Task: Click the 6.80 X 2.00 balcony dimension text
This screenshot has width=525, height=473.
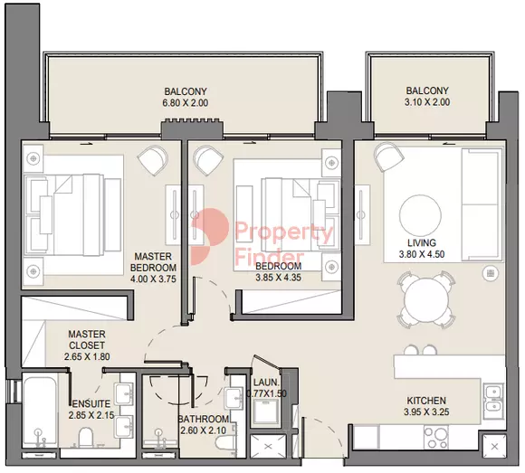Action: point(186,103)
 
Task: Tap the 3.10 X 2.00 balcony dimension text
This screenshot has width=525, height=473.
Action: point(427,102)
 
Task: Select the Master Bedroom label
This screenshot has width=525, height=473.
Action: point(153,262)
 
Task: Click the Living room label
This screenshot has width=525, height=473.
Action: point(422,242)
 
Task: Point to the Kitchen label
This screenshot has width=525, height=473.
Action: point(426,401)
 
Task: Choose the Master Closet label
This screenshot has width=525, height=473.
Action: point(87,339)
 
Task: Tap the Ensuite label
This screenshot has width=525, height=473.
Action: point(91,403)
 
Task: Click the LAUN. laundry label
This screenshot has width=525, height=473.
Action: point(266,382)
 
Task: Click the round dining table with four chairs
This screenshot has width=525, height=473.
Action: point(425,299)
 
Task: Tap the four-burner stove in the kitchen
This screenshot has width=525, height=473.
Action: point(436,437)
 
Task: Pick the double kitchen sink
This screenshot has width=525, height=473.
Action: point(493,399)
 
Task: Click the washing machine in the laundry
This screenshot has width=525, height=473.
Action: point(267,412)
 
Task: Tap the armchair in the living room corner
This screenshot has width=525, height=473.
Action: point(388,156)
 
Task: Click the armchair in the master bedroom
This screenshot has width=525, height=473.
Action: point(153,162)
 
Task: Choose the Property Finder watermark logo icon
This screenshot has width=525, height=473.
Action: point(210,237)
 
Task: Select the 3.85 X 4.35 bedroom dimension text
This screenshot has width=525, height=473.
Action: point(278,278)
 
